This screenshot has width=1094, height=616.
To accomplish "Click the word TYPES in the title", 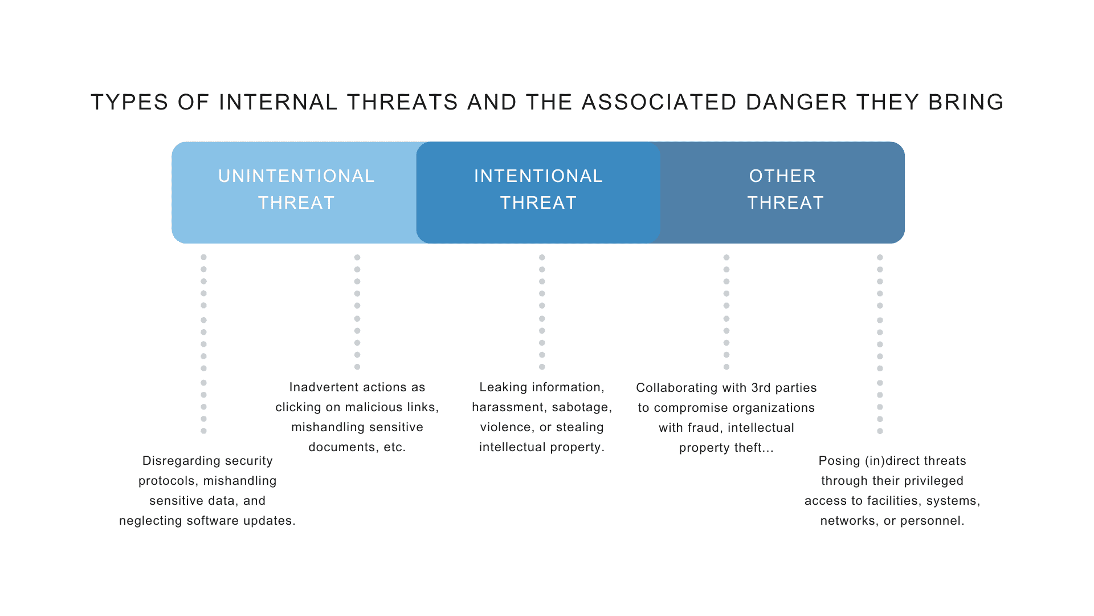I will tap(129, 103).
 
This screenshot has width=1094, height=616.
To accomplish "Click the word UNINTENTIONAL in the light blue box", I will tap(296, 176).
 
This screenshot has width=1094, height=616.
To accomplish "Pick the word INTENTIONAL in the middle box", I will tap(538, 176).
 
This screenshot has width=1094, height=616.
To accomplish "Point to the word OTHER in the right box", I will tap(782, 176).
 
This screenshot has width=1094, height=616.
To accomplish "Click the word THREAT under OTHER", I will tap(785, 203).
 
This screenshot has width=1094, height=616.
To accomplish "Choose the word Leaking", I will tap(503, 387).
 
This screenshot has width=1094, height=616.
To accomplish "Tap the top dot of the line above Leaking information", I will tap(542, 257).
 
